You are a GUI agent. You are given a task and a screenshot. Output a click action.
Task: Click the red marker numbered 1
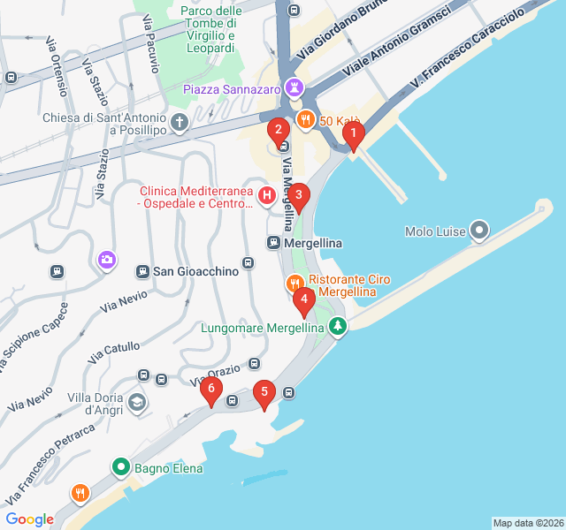353,135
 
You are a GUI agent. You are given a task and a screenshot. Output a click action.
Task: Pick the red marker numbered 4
304,300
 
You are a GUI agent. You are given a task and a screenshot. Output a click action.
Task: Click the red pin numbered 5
264,393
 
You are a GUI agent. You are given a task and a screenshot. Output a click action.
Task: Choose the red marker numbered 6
210,390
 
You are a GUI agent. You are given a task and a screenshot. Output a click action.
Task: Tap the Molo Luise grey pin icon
479,231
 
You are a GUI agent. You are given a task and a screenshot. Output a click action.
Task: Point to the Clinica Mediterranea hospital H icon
266,194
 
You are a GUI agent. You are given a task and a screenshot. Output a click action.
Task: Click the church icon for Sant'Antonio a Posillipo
180,122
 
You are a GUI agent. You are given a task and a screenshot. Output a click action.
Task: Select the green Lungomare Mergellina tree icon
337,327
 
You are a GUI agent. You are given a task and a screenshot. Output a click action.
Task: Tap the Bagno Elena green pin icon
121,467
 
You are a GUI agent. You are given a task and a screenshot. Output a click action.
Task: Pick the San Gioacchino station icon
141,271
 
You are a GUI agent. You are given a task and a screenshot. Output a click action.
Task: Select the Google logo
29,519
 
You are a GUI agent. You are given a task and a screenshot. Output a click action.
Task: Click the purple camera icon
107,260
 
